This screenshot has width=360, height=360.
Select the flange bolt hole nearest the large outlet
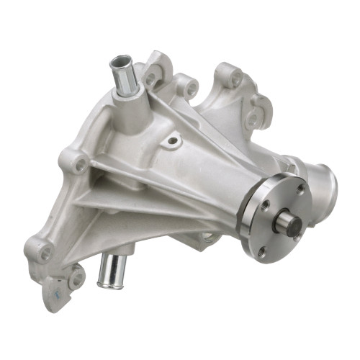click(301, 189)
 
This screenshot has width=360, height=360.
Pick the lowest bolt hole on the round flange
click(261, 251)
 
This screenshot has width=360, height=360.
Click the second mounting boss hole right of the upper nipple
click(191, 89)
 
